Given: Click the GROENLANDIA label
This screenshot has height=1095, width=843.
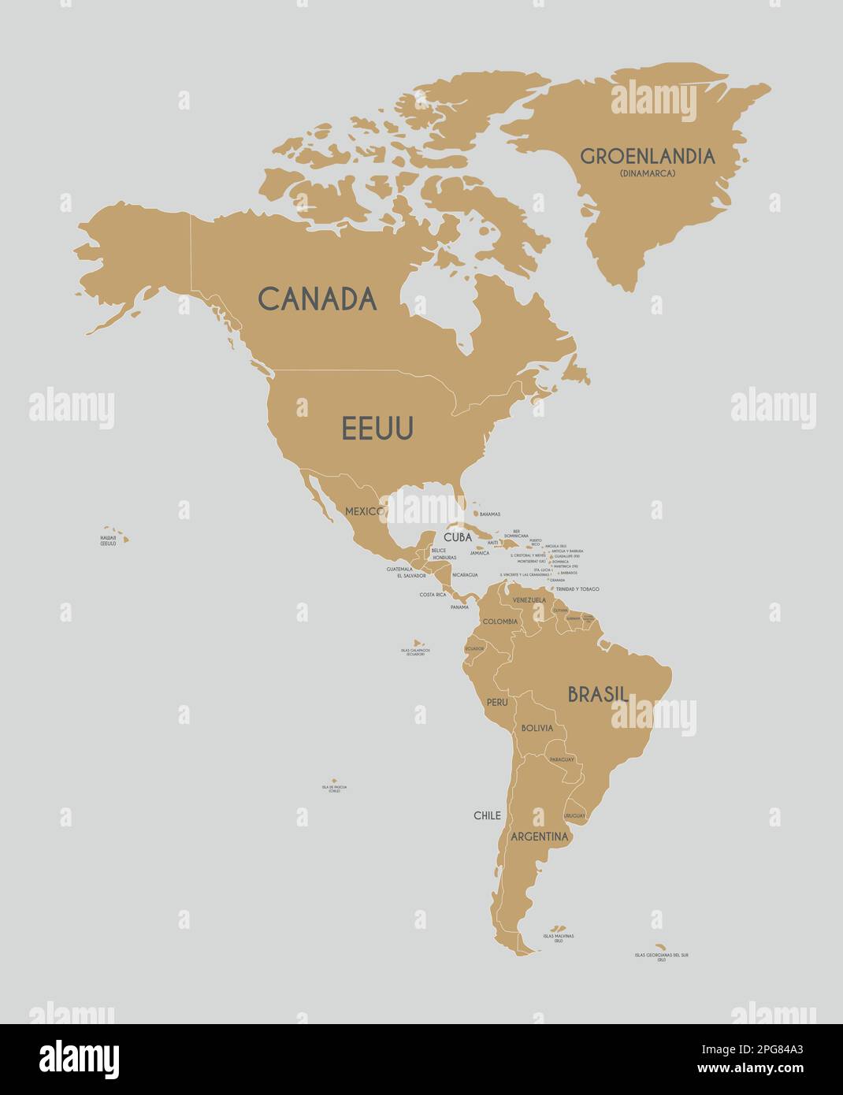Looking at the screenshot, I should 648,156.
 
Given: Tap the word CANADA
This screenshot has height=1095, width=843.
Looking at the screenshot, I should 318,299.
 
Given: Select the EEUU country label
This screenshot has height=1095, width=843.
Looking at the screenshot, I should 377,429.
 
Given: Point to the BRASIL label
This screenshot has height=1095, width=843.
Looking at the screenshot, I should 598,694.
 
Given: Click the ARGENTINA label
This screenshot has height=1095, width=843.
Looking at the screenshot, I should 539,836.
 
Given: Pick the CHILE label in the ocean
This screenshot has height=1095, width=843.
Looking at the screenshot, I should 487,815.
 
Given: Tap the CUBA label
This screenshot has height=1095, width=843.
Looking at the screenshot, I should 457,537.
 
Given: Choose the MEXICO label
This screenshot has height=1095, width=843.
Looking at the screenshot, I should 364,511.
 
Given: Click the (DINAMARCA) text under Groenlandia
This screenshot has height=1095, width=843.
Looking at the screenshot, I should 648,173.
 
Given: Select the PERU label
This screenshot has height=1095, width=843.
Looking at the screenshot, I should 497,701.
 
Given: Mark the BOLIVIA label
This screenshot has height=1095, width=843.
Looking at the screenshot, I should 537,728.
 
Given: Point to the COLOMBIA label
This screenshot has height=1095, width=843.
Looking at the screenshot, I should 500,622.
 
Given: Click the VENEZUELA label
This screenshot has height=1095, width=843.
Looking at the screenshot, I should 529,600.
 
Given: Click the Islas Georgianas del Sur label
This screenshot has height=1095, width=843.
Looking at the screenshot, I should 662,956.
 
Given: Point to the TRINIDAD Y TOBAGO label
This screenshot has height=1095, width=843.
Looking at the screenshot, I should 577,589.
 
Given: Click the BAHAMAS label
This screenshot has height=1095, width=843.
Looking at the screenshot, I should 489,514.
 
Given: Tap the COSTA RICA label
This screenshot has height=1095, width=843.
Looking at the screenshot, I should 433,595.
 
